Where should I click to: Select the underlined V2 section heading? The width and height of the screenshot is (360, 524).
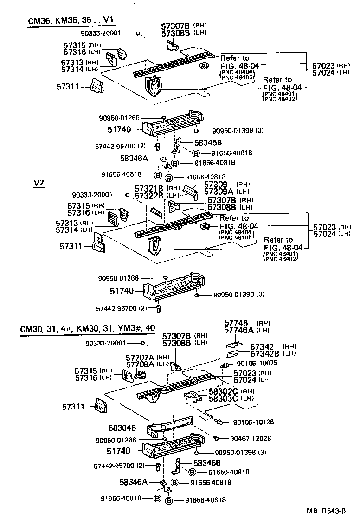click(39, 183)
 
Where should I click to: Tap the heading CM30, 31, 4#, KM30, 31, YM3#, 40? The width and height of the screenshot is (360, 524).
click(88, 328)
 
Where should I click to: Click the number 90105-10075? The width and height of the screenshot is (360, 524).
click(257, 363)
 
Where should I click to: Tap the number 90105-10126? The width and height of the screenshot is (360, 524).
click(253, 422)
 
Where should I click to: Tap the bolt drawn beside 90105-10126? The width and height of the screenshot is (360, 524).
click(219, 422)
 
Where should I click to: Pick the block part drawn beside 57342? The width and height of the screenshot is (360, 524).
click(234, 354)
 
